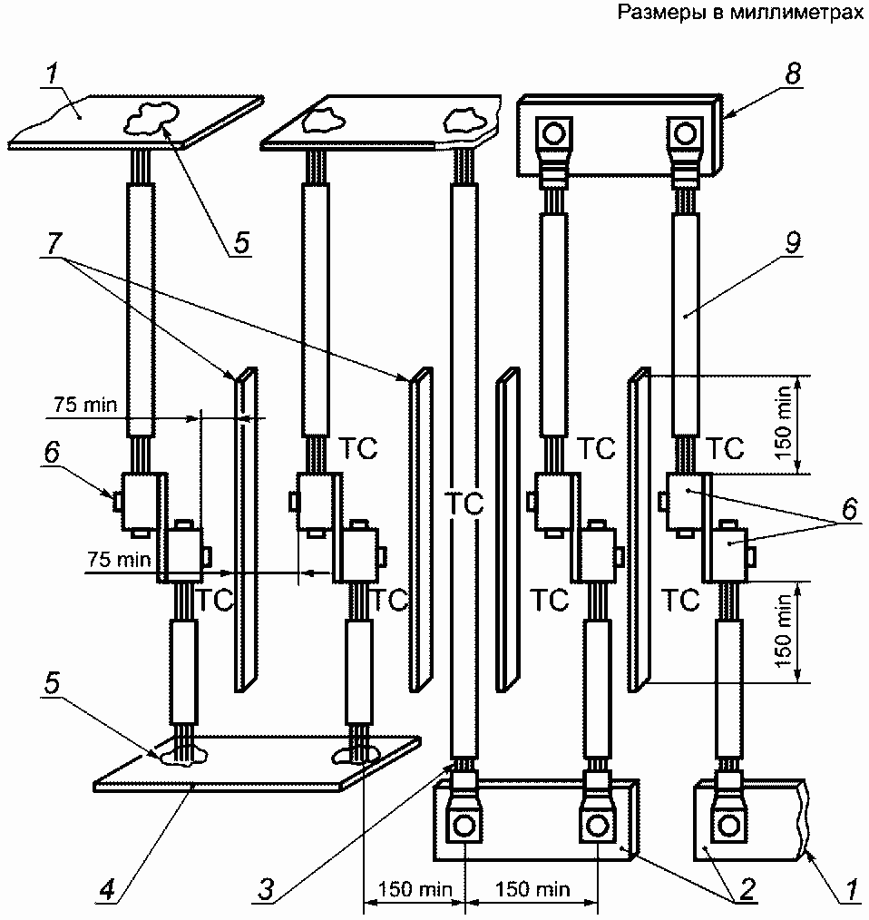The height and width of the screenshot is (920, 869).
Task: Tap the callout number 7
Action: (54, 241)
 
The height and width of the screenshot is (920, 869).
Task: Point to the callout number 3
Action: (266, 889)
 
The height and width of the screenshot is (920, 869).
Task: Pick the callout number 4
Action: (107, 889)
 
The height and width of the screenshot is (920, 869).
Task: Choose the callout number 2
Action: (747, 889)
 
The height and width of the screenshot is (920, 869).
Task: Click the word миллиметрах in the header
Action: (796, 12)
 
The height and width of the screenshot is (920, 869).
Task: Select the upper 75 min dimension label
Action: (85, 405)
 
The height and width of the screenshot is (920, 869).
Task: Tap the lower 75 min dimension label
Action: (119, 559)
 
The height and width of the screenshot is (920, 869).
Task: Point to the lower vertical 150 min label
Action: (784, 631)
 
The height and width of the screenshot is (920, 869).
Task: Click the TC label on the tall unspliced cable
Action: (464, 504)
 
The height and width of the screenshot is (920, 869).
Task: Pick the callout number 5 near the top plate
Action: (241, 241)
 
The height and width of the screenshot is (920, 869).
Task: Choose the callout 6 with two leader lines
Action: (849, 509)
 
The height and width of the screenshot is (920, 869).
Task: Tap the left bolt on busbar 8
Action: (553, 134)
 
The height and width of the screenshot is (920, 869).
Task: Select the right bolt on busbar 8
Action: (685, 134)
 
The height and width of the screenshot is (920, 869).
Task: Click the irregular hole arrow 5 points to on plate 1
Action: (151, 115)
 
